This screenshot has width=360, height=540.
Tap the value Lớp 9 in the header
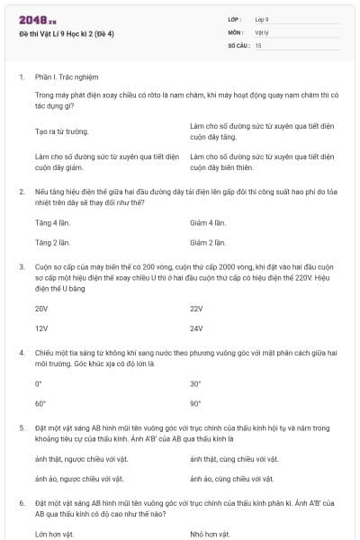(262, 19)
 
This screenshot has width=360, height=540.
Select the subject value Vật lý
(262, 31)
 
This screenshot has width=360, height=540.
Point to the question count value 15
(258, 44)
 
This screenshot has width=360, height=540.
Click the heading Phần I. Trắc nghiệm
(67, 77)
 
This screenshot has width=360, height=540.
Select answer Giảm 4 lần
(206, 222)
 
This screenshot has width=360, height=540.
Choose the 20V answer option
(41, 309)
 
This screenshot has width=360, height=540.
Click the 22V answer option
(196, 309)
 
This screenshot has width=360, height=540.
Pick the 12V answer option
(41, 328)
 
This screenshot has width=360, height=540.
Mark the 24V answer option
(196, 328)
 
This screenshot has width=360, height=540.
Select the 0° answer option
(39, 383)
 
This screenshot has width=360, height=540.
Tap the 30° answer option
(195, 383)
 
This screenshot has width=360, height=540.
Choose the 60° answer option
(40, 404)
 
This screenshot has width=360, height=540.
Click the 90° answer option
(195, 404)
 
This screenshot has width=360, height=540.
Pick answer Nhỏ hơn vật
(210, 534)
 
